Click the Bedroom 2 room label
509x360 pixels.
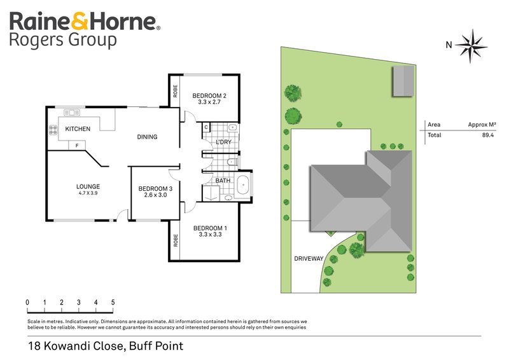pyautogui.click(x=209, y=96)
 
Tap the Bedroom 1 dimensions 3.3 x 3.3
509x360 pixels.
pyautogui.click(x=209, y=235)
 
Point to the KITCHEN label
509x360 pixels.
pyautogui.click(x=78, y=129)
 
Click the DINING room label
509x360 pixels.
pyautogui.click(x=147, y=137)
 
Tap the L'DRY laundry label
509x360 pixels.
pyautogui.click(x=223, y=141)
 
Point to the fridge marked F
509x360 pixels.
pyautogui.click(x=77, y=146)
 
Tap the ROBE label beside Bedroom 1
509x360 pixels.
pyautogui.click(x=174, y=241)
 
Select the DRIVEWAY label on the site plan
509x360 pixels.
pyautogui.click(x=309, y=259)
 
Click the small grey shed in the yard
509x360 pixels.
pyautogui.click(x=402, y=81)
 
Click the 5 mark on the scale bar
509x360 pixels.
pyautogui.click(x=113, y=302)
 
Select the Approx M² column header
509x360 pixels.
pyautogui.click(x=482, y=125)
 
